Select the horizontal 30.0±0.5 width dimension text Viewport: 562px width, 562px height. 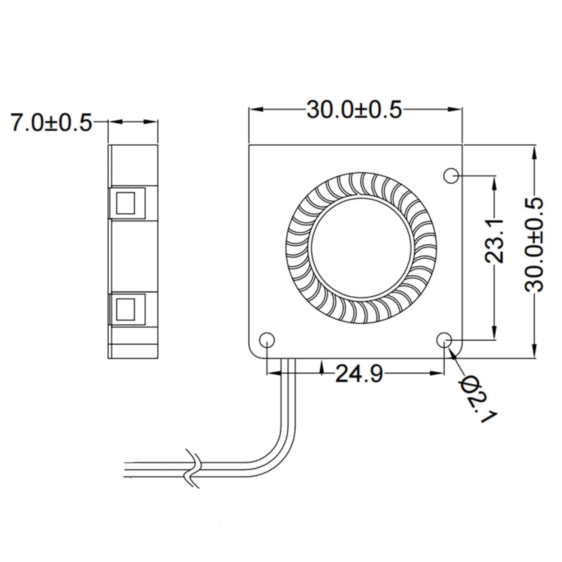tap(354, 110)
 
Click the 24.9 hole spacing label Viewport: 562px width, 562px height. tap(359, 374)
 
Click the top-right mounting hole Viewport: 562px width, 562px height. tap(451, 175)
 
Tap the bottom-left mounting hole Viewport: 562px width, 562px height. tap(267, 340)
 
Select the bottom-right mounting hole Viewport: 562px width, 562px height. tap(445, 340)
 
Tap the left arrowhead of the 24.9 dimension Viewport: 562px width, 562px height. tap(273, 373)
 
